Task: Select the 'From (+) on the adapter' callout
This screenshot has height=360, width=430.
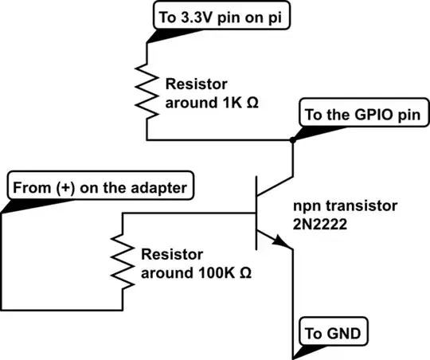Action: [x=99, y=188]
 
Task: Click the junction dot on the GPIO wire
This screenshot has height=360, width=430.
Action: [x=293, y=140]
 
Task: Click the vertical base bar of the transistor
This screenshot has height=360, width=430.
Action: [x=256, y=213]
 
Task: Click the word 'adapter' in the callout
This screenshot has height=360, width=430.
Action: [x=162, y=188]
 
